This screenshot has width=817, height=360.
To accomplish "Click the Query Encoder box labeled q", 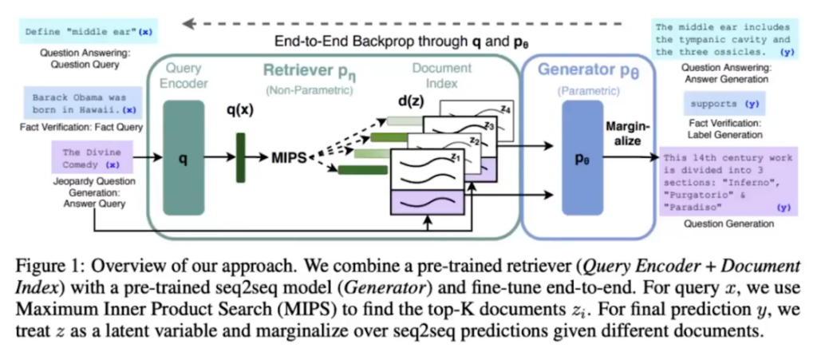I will click(183, 158).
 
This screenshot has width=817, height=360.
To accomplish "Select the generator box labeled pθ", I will click(582, 158).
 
